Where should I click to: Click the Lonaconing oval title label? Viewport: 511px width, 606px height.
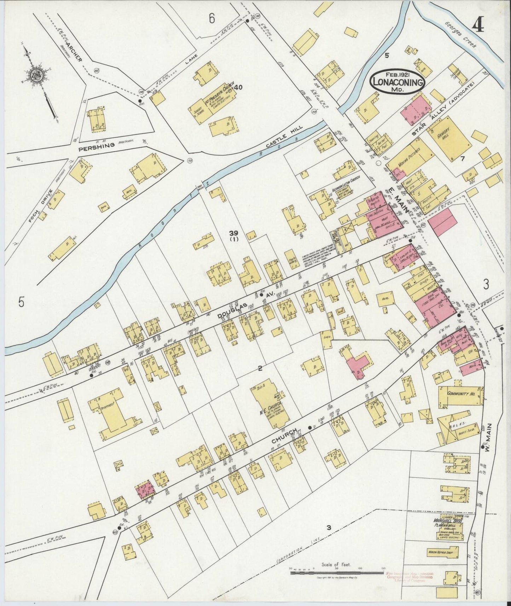(x=397, y=82)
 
